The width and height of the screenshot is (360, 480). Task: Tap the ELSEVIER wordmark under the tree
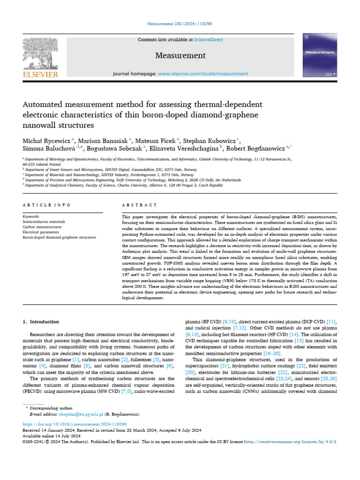pos(40,74)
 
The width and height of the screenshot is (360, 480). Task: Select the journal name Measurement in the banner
pos(180,55)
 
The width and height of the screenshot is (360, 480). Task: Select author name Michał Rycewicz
pos(45,141)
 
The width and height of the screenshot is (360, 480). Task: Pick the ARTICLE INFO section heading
pos(47,205)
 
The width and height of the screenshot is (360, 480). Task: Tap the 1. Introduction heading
pos(41,322)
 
